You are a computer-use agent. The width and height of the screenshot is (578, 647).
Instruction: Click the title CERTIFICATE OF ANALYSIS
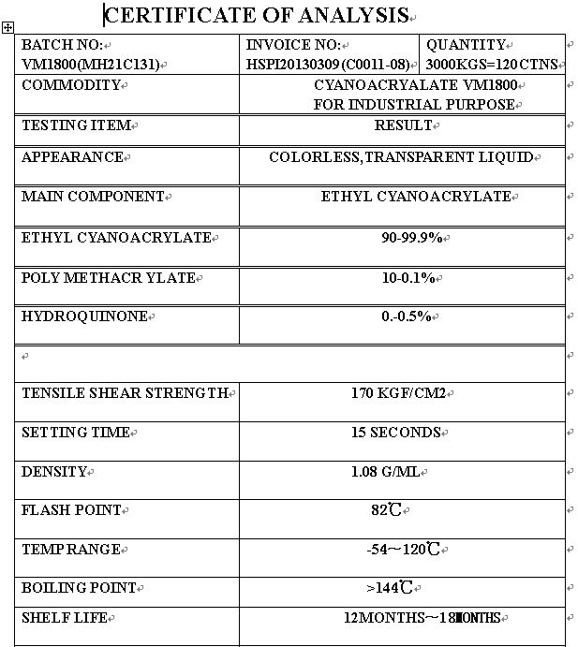[256, 15]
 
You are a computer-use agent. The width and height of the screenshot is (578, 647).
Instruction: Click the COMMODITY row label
[71, 85]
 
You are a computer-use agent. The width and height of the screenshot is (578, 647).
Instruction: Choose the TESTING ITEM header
[76, 125]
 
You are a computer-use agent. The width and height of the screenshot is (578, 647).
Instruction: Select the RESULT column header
[403, 125]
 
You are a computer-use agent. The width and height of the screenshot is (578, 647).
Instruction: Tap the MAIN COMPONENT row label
[93, 197]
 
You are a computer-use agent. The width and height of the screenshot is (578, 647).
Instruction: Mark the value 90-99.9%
[411, 238]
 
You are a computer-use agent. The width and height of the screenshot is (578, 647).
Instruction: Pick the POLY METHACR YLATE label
[108, 278]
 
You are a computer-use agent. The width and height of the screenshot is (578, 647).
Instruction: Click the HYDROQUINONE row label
[84, 316]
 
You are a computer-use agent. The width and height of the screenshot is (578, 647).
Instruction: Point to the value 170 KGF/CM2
[399, 393]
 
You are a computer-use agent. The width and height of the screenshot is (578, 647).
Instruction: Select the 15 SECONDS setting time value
[395, 433]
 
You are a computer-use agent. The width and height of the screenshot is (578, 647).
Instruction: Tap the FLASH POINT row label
[71, 510]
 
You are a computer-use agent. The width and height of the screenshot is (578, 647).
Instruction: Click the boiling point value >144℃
[390, 588]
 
